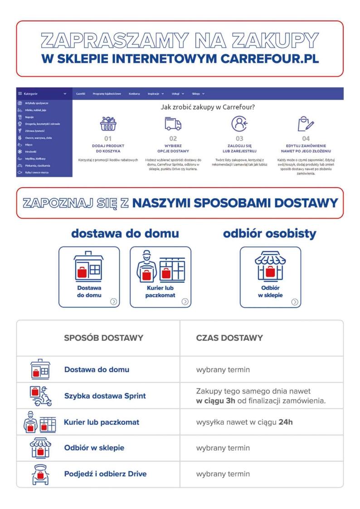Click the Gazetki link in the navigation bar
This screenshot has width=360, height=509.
[81, 94]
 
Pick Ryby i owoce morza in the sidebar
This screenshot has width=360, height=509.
[38, 173]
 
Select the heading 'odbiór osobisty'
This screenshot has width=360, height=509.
[270, 234]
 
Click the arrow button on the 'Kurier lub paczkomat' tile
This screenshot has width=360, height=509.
[185, 301]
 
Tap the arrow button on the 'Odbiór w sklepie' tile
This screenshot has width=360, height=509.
[295, 301]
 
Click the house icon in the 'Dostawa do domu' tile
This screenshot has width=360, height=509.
[89, 267]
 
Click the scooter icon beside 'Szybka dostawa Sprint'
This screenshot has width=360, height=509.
[39, 396]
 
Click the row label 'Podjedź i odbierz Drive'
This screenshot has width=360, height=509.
[105, 474]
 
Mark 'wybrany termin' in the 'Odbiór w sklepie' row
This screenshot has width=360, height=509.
[223, 448]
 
